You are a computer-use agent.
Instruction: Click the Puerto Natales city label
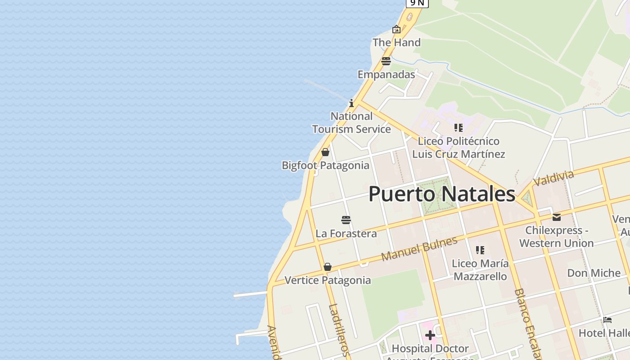[x=441, y=194]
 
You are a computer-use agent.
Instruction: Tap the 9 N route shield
[x=417, y=3]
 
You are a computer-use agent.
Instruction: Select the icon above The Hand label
[x=396, y=29]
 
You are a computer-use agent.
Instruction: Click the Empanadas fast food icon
[x=386, y=61]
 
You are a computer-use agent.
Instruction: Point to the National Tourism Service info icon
[x=351, y=103]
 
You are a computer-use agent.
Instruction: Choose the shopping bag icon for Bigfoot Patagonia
[x=325, y=152]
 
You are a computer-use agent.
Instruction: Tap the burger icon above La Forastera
[x=346, y=220]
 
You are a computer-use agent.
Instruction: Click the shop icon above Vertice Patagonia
[x=328, y=267]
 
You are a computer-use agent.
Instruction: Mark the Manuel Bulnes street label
[x=419, y=248]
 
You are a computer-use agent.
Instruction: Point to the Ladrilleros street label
[x=339, y=330]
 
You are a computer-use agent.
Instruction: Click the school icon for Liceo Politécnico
[x=458, y=128]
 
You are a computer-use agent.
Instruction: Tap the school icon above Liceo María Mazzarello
[x=480, y=250]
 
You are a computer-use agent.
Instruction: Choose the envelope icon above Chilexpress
[x=557, y=217]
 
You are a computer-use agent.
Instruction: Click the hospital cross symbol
[x=430, y=335]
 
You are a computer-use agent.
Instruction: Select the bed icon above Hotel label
[x=607, y=320]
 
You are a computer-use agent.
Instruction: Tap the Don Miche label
[x=594, y=273]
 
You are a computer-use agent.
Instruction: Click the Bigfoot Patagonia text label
[x=325, y=165]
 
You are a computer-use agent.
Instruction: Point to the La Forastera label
[x=346, y=234]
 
